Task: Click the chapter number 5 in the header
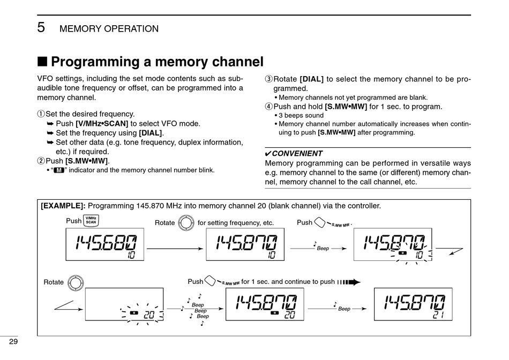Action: click(41, 28)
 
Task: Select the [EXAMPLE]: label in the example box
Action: click(63, 206)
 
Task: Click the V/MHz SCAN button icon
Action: click(92, 221)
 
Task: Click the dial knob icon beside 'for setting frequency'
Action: click(185, 222)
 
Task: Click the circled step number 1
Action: click(40, 114)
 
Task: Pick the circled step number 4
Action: click(269, 107)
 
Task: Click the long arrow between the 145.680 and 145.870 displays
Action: click(175, 249)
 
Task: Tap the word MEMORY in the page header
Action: click(80, 29)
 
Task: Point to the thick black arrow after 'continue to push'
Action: click(349, 282)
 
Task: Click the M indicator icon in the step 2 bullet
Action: click(59, 170)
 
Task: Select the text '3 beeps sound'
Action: click(301, 115)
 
